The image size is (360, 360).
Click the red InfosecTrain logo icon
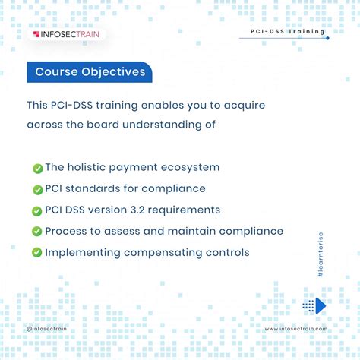pyautogui.click(x=36, y=34)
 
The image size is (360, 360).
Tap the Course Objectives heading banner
pyautogui.click(x=90, y=72)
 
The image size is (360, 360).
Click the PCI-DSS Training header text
pyautogui.click(x=288, y=32)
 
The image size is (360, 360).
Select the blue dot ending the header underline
pyautogui.click(x=327, y=38)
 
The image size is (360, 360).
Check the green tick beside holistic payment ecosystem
pyautogui.click(x=38, y=169)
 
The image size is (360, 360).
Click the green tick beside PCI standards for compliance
pyautogui.click(x=38, y=190)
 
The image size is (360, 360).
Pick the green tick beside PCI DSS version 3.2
pyautogui.click(x=37, y=211)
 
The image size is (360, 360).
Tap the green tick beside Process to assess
pyautogui.click(x=37, y=231)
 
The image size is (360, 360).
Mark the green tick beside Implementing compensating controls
pyautogui.click(x=37, y=252)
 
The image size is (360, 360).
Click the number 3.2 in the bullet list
pyautogui.click(x=137, y=210)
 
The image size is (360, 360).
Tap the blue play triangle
pyautogui.click(x=321, y=306)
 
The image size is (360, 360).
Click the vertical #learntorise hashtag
pyautogui.click(x=321, y=254)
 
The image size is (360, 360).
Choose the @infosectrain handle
pyautogui.click(x=46, y=329)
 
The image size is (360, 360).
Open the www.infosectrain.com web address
pyautogui.click(x=296, y=329)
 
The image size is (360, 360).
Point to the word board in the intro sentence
pyautogui.click(x=103, y=125)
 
